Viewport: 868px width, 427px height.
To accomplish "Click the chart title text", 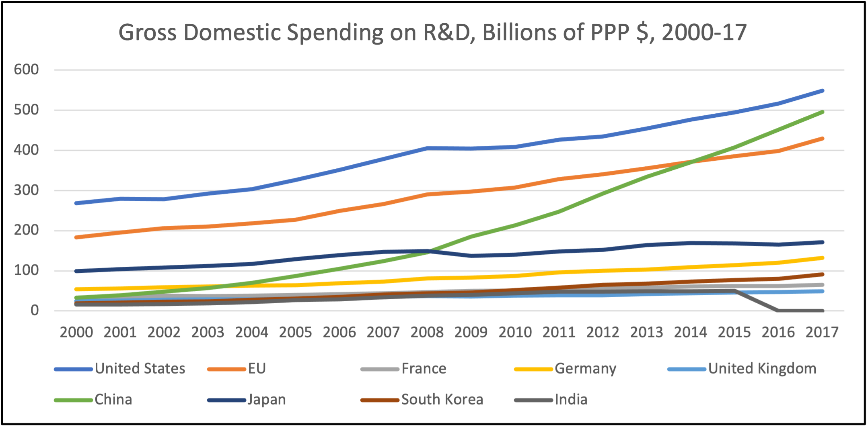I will tap(432, 32).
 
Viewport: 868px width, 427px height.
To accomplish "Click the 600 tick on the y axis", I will tap(26, 69).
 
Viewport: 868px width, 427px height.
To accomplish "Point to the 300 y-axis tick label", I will tap(26, 190).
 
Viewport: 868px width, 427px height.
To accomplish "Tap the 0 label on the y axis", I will tap(35, 311).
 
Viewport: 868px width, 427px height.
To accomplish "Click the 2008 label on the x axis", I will tap(427, 332).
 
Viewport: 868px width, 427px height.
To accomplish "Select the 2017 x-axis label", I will tap(822, 332).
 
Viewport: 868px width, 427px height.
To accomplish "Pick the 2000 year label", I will tap(76, 332).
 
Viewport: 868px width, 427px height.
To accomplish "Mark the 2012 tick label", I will tap(603, 332).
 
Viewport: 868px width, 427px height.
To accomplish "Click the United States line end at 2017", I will tap(822, 91).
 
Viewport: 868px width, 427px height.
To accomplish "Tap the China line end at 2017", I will tap(822, 112).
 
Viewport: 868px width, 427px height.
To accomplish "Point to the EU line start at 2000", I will tap(76, 237).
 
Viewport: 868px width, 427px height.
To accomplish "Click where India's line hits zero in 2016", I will tap(778, 311).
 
